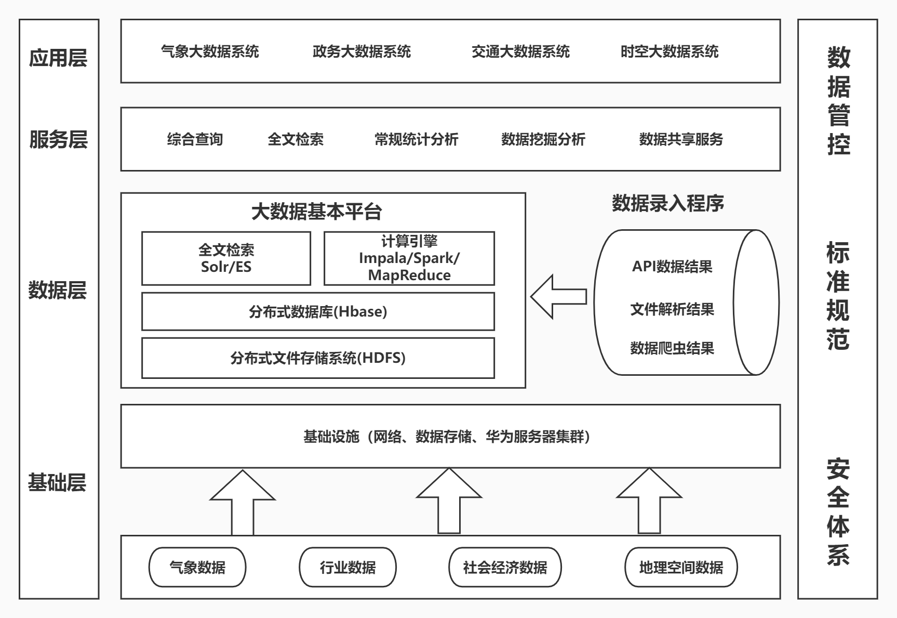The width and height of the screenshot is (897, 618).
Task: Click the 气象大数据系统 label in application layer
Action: (x=210, y=51)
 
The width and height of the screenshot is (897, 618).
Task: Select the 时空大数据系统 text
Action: (x=669, y=51)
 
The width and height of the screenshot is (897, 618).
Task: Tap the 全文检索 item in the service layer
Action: (x=295, y=139)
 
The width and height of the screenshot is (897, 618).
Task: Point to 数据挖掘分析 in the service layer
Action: (x=543, y=139)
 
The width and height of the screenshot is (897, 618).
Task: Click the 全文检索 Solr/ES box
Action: (x=226, y=258)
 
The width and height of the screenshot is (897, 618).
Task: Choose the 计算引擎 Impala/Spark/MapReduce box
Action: (x=409, y=258)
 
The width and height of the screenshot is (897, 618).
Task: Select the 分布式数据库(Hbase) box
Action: (x=318, y=311)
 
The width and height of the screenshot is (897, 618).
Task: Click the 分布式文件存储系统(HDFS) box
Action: (x=318, y=358)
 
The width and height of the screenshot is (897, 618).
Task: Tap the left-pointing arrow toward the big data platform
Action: (x=558, y=297)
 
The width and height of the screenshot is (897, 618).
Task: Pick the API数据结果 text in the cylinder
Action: (x=672, y=267)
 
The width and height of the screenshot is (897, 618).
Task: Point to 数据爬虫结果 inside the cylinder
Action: (x=672, y=348)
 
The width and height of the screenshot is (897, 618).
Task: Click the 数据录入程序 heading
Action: (x=667, y=203)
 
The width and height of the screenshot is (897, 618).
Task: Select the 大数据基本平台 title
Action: (x=316, y=212)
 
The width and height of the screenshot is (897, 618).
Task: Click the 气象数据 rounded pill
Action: (x=197, y=567)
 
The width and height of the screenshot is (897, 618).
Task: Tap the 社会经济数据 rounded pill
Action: (x=505, y=567)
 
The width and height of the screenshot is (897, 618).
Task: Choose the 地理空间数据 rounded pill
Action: (x=680, y=567)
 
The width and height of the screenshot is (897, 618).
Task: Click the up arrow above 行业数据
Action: (x=449, y=502)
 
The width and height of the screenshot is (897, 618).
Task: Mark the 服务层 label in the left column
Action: (x=58, y=139)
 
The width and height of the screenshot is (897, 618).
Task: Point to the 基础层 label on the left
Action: (x=57, y=483)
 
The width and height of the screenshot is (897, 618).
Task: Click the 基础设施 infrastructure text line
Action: (x=447, y=437)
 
